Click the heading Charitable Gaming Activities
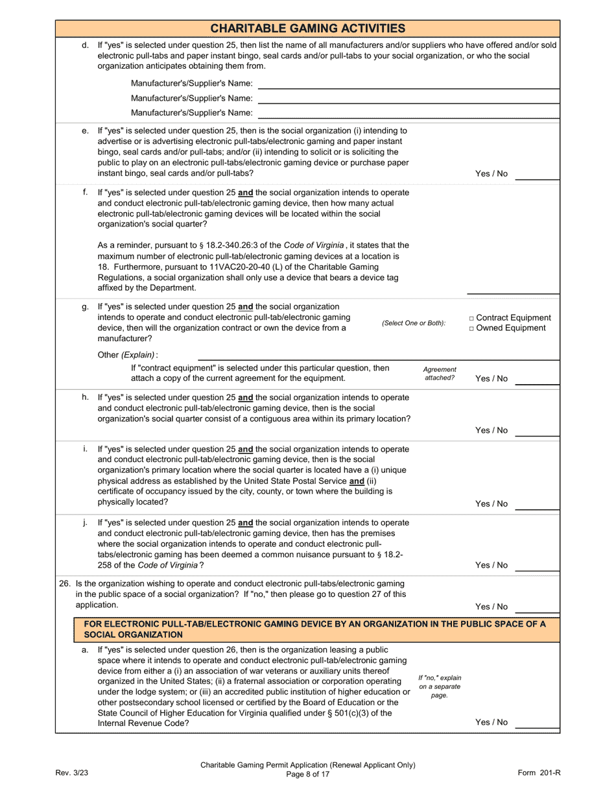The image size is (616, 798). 308,28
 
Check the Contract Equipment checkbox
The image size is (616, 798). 471,319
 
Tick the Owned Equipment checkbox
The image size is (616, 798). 471,328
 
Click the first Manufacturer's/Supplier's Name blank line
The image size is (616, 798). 409,85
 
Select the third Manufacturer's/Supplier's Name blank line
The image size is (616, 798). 409,114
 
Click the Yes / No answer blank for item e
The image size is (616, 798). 537,176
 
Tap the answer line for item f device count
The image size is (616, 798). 513,290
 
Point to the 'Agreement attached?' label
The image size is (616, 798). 440,373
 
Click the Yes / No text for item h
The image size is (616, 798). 492,430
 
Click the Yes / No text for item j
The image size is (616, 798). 492,565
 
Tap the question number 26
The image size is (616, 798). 65,583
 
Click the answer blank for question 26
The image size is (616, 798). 537,609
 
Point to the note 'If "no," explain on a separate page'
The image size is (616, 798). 440,686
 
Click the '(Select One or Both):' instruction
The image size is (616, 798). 414,323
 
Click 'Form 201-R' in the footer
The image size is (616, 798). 539,773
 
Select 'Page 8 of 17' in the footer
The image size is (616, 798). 308,774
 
